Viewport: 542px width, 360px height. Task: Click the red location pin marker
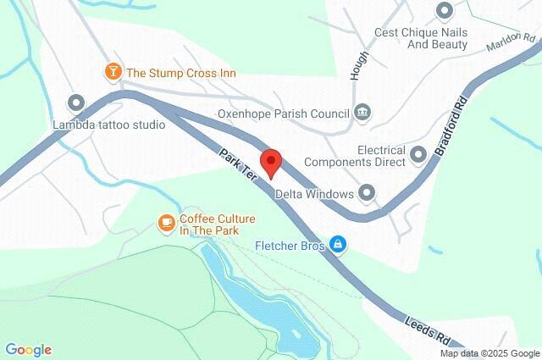270,162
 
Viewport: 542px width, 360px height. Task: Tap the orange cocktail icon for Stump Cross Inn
112,73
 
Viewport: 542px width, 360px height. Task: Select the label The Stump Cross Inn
181,74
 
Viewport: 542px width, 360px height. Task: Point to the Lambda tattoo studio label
108,125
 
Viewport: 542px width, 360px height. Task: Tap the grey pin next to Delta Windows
367,194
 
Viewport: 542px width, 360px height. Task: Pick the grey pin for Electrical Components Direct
418,154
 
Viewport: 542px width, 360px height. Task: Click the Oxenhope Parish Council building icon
362,112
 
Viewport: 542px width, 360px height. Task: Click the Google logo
28,349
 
